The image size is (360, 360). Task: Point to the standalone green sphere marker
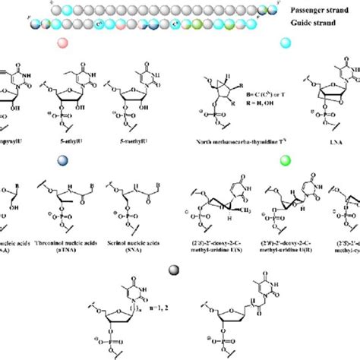[285, 160]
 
